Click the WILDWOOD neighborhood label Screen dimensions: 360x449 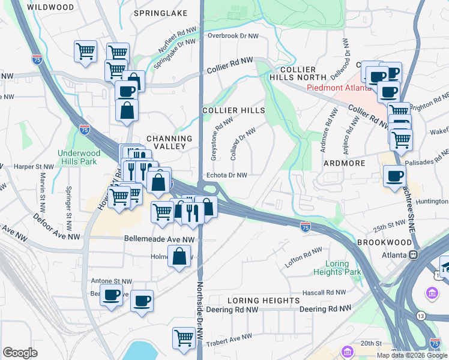(51, 8)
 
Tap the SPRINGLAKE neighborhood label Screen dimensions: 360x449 (161, 13)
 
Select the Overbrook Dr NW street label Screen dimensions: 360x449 (233, 36)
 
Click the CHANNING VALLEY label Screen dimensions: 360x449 (164, 143)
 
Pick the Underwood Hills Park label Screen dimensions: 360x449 (79, 157)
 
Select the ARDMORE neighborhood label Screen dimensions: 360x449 (345, 163)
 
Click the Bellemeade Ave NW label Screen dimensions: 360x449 (160, 238)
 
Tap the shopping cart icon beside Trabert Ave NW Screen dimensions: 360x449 (183, 337)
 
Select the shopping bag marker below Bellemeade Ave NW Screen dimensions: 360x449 (179, 256)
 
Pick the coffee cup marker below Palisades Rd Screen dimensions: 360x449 (394, 176)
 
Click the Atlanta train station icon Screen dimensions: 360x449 (413, 255)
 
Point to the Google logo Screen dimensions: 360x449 (20, 353)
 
